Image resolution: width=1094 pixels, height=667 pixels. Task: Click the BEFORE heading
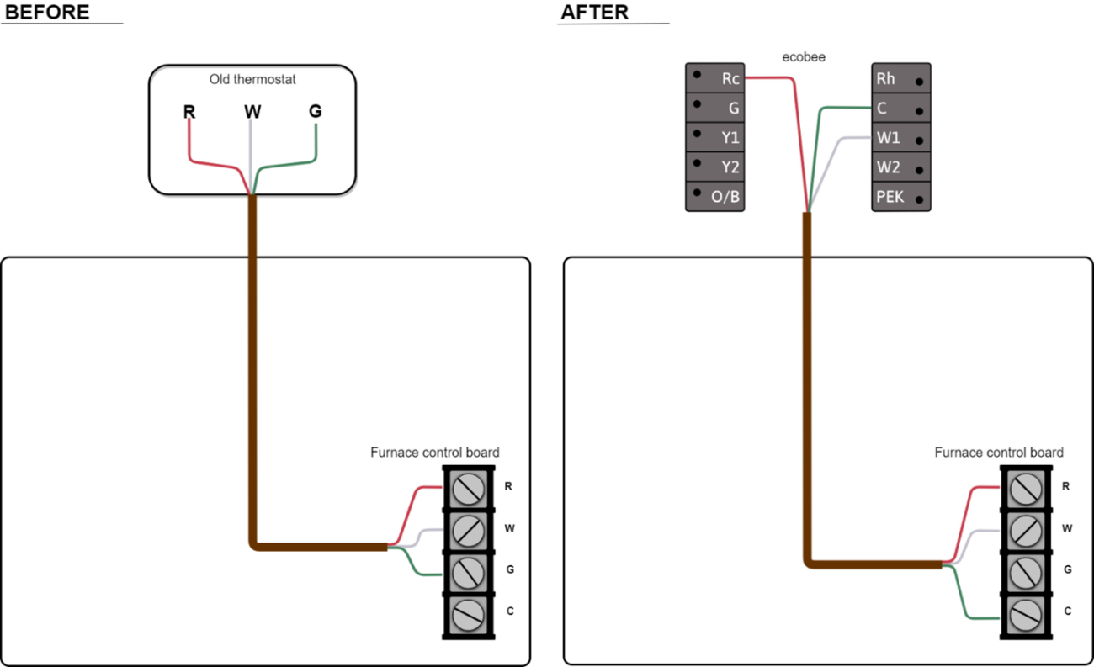[x=47, y=12]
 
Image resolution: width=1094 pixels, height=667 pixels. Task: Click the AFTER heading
[x=594, y=12]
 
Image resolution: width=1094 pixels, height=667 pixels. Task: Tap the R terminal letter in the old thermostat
[x=189, y=111]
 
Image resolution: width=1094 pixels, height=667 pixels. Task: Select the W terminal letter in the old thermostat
[x=252, y=111]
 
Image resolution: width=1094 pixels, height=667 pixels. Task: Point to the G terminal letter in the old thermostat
[x=316, y=111]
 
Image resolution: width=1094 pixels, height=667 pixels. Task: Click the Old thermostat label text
[x=252, y=80]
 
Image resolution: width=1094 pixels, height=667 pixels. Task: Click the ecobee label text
[x=804, y=57]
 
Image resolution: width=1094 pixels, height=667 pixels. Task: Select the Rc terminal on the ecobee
[x=715, y=78]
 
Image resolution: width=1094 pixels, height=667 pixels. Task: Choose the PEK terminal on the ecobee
[x=901, y=197]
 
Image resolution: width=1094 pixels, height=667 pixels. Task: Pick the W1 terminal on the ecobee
[x=901, y=138]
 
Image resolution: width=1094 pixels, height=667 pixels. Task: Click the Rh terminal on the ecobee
[x=901, y=78]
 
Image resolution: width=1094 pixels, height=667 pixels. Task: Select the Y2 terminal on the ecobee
[x=715, y=167]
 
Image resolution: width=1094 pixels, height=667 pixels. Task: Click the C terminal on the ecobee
[x=901, y=109]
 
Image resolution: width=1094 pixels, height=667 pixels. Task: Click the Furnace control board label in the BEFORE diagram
[x=434, y=453]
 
